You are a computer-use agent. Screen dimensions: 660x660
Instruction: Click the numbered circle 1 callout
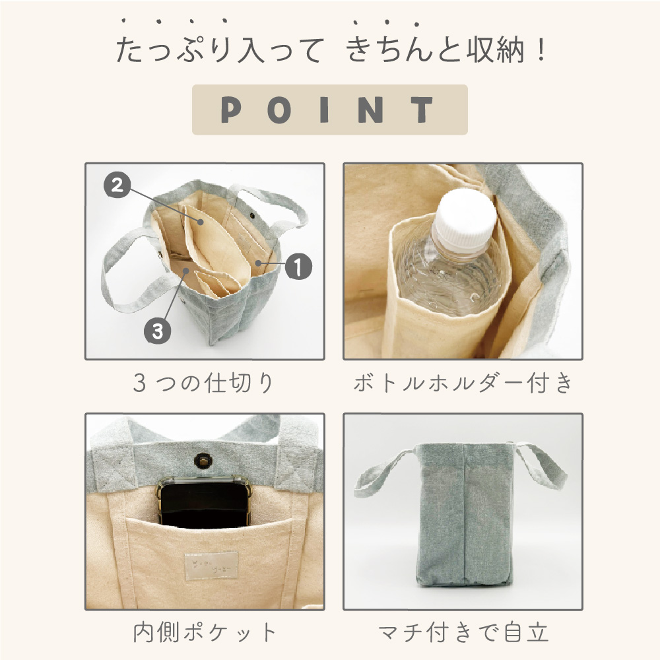(x=298, y=267)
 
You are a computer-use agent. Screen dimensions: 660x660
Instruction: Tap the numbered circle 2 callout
(x=117, y=185)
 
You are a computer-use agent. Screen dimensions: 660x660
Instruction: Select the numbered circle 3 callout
(x=158, y=331)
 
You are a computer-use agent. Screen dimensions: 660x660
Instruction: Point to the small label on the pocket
(x=211, y=566)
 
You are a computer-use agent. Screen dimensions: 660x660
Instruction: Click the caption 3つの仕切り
(x=203, y=383)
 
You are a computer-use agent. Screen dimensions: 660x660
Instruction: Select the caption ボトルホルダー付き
(x=463, y=383)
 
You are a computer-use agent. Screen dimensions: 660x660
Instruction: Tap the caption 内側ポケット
(x=205, y=632)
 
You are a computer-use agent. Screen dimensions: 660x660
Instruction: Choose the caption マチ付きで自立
(x=463, y=632)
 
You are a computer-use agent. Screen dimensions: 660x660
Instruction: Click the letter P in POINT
(x=231, y=110)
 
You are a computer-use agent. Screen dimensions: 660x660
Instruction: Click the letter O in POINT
(x=279, y=110)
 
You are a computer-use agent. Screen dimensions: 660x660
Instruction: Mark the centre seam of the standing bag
(x=464, y=514)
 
